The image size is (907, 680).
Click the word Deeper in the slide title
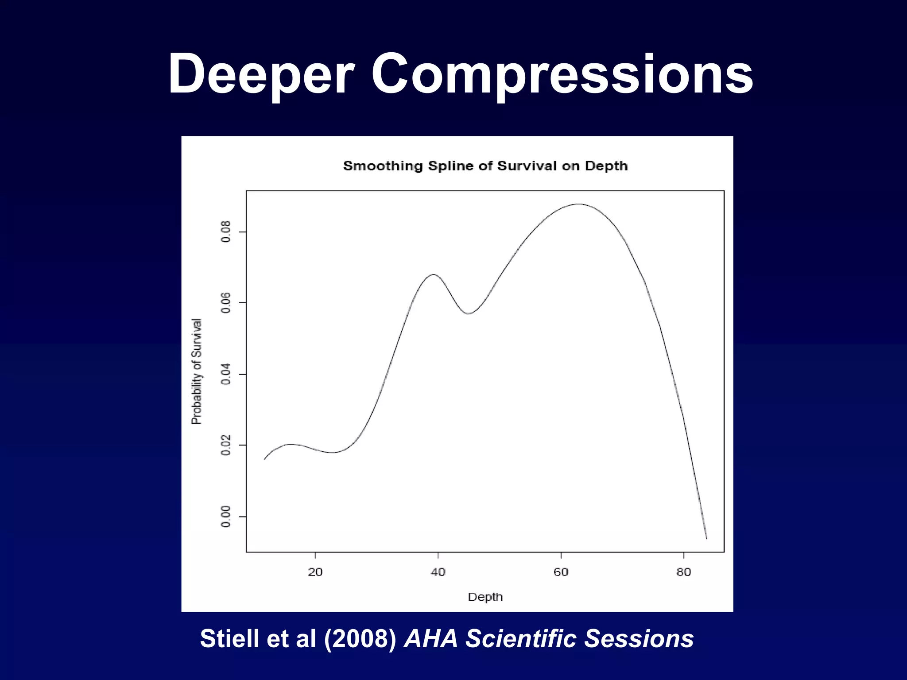click(261, 74)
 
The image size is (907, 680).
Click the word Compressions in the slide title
click(562, 74)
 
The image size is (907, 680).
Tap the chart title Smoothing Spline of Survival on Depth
click(485, 166)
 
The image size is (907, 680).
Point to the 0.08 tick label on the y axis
click(226, 232)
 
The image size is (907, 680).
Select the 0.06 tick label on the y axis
click(226, 303)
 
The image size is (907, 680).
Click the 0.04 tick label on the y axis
click(226, 374)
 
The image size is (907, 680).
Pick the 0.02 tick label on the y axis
click(226, 445)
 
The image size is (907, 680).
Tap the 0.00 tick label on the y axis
click(226, 516)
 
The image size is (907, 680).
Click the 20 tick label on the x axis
click(315, 572)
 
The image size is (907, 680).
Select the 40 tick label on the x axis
click(438, 572)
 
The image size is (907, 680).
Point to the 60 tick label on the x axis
click(561, 572)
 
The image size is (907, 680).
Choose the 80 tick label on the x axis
click(683, 572)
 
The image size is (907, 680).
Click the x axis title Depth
click(485, 597)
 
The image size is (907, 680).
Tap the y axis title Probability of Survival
click(196, 371)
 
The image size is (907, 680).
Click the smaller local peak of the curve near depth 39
click(434, 274)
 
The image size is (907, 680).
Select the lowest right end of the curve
click(706, 538)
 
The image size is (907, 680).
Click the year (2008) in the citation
click(360, 639)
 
